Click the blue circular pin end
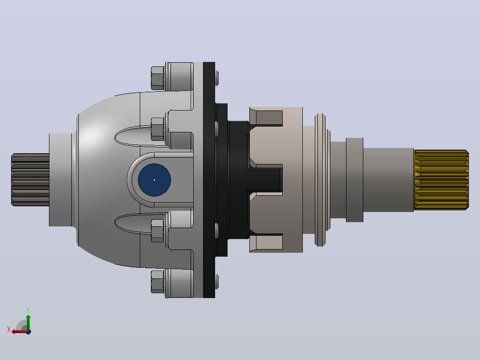coord(154,180)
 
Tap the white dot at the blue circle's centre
coord(154,180)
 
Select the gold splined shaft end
coord(441,180)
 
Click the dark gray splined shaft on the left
coord(30,180)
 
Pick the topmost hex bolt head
coord(158,78)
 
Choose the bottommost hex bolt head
coord(158,281)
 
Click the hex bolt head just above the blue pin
coord(158,129)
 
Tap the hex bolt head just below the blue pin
coord(158,231)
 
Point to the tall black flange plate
coord(209,180)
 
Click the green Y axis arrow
coord(28,322)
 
